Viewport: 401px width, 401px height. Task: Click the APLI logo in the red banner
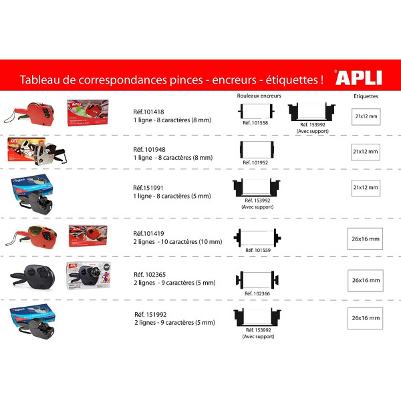(x=358, y=78)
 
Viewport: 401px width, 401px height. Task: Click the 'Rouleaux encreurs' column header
(x=259, y=96)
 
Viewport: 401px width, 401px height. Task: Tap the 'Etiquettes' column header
(x=366, y=96)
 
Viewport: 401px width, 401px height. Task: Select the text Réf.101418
(x=148, y=112)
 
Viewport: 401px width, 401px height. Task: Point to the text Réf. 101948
(x=149, y=149)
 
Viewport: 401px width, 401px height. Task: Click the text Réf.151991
(x=148, y=188)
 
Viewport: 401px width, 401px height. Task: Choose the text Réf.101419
(x=148, y=233)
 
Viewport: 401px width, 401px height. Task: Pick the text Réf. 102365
(x=150, y=275)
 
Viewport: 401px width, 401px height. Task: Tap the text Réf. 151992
(x=150, y=315)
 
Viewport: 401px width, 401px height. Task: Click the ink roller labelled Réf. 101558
(x=256, y=111)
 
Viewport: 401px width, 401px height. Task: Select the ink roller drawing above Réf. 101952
(x=257, y=150)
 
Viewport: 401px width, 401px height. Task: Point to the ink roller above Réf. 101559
(x=257, y=238)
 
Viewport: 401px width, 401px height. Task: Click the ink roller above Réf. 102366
(x=257, y=280)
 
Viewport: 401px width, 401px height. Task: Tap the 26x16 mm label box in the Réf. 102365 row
(x=366, y=281)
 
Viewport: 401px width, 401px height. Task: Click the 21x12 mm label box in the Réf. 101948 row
(x=366, y=152)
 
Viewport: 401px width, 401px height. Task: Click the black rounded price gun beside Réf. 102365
(x=33, y=277)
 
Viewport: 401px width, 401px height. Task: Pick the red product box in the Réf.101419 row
(x=88, y=235)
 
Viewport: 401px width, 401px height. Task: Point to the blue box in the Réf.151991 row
(x=31, y=186)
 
